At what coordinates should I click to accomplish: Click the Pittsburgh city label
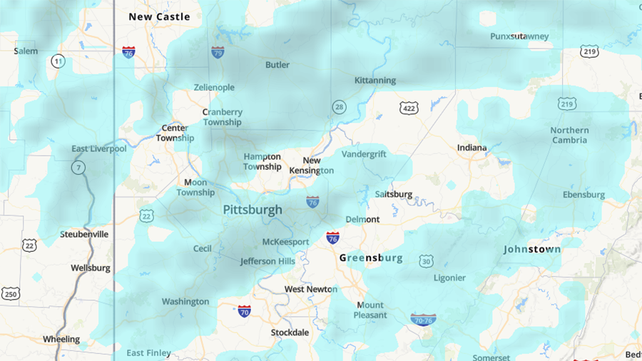coord(253,210)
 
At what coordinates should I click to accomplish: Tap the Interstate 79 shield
coord(218,52)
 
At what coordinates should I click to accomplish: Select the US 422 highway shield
coord(409,108)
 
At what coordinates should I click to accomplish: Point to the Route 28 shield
coord(339,107)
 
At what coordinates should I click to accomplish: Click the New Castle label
coord(159,16)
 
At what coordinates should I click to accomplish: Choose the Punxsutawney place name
coord(519,36)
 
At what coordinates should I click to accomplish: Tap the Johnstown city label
coord(532,249)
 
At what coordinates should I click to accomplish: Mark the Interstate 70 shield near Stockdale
coord(245,310)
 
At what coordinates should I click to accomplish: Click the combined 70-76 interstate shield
coord(423,319)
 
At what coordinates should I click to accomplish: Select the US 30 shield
coord(426,261)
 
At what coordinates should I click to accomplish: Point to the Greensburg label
coord(371,258)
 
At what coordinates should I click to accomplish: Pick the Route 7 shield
coord(77,168)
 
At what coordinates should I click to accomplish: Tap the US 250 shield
coord(10,293)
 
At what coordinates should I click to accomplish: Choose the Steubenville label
coord(84,234)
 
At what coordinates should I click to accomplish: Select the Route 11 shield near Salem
coord(58,62)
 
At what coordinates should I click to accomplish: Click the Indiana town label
coord(472,148)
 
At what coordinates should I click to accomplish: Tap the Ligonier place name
coord(449,278)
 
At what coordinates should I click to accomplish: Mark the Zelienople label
coord(214,87)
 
